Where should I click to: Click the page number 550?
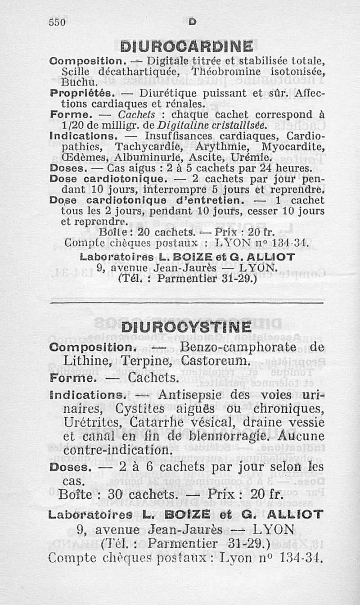[x=58, y=22]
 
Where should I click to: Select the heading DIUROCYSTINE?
[x=186, y=327]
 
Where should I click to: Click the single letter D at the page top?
[x=192, y=21]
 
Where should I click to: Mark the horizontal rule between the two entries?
[x=186, y=303]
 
